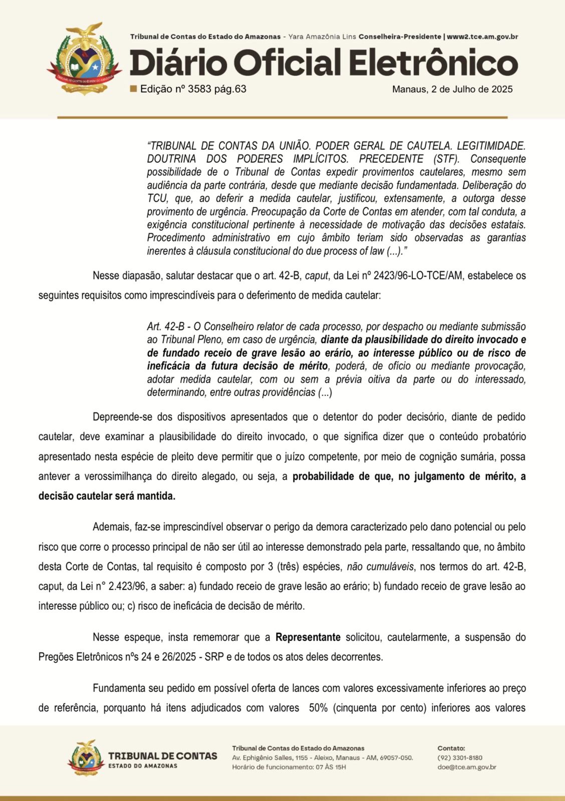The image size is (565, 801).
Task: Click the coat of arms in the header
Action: click(x=85, y=59)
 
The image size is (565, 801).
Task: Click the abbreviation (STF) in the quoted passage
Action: click(x=441, y=159)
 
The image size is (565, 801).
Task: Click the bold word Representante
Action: click(x=308, y=637)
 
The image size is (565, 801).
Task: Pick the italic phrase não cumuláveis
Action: click(x=381, y=567)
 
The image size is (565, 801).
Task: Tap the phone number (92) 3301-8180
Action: click(x=460, y=757)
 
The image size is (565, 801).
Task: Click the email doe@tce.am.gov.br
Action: click(x=467, y=767)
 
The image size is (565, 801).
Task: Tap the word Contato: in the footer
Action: click(x=451, y=748)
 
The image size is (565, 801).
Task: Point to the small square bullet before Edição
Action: click(x=133, y=89)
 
